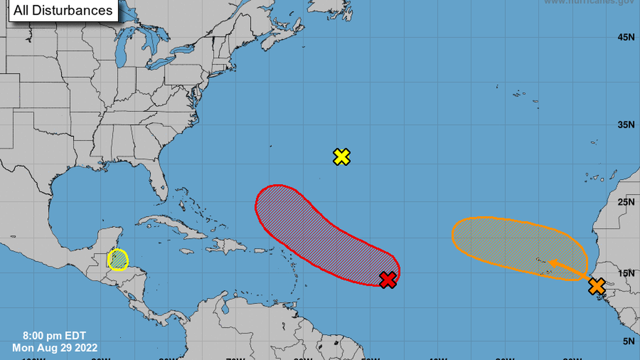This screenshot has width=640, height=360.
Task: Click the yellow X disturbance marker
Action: pos(341,157)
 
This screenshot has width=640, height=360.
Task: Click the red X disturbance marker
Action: pos(387,280)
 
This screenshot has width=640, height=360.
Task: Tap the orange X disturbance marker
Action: pos(597,286)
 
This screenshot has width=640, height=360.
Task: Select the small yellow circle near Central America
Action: pos(118,260)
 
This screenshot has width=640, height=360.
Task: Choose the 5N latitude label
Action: pos(628,340)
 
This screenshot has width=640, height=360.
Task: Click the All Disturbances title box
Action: pos(63,10)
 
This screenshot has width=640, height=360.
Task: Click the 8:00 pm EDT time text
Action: pos(54,336)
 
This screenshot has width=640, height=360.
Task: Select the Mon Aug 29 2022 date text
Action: pos(54,347)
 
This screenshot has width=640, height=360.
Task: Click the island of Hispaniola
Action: pos(230,245)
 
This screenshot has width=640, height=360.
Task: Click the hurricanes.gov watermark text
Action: pos(589,2)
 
